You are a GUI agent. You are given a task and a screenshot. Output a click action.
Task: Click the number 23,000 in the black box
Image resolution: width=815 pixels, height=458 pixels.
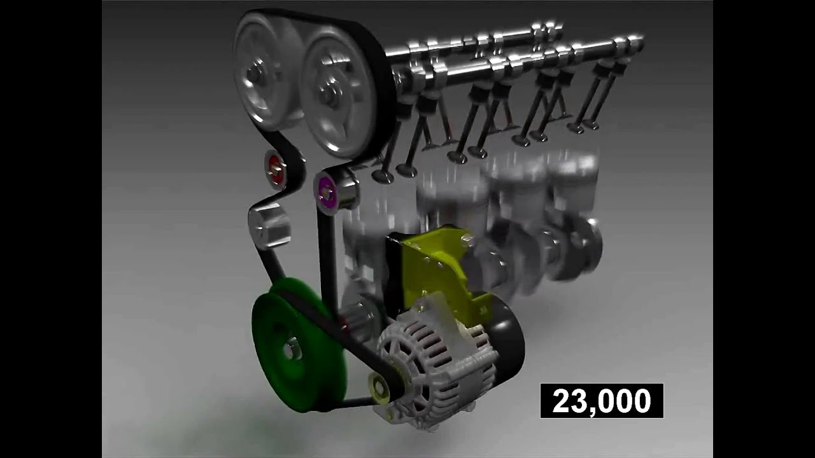click(x=602, y=401)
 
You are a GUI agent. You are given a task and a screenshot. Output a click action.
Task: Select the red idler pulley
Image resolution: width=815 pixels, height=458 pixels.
click(x=276, y=169)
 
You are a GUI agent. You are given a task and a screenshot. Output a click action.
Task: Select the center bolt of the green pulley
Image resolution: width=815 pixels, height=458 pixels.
click(x=290, y=349)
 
